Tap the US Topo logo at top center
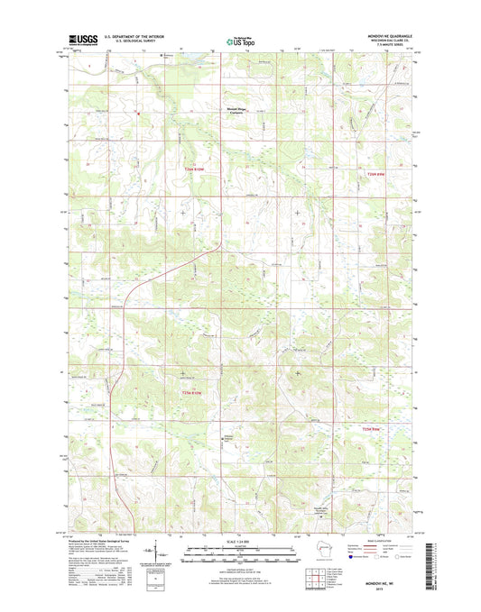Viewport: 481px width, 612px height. [239, 40]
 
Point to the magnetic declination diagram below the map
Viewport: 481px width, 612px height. [160, 549]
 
